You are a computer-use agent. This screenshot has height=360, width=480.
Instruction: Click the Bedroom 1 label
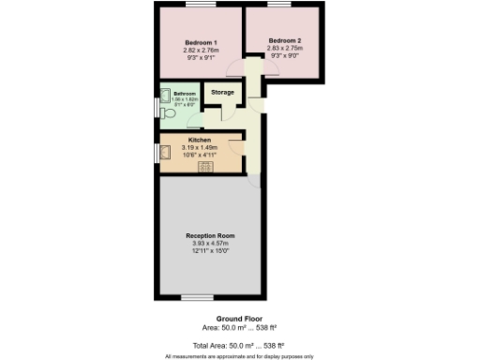tap(201, 43)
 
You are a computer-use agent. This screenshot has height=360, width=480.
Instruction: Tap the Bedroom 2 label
tap(285, 40)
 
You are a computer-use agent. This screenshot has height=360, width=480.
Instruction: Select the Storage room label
tap(222, 93)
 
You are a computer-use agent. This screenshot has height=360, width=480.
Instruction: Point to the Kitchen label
tap(200, 141)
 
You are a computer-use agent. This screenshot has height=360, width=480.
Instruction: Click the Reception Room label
tap(210, 235)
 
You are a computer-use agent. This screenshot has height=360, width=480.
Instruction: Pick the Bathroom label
tap(184, 94)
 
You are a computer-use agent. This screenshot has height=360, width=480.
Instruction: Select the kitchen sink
tap(166, 155)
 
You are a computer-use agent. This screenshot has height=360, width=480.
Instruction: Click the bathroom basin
tap(165, 95)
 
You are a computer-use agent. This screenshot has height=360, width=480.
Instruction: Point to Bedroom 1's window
tap(201, 7)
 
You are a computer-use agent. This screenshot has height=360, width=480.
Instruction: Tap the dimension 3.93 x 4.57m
tap(210, 244)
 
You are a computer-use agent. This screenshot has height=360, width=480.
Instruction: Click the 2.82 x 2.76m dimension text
tap(201, 51)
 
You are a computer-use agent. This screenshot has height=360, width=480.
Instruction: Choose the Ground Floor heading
tap(236, 319)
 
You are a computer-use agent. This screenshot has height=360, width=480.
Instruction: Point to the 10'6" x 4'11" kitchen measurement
tap(200, 155)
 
